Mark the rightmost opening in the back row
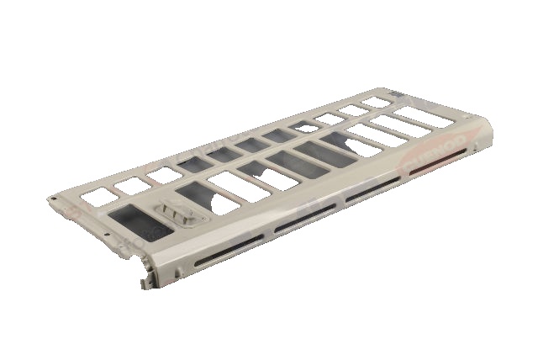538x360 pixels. (377, 101)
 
